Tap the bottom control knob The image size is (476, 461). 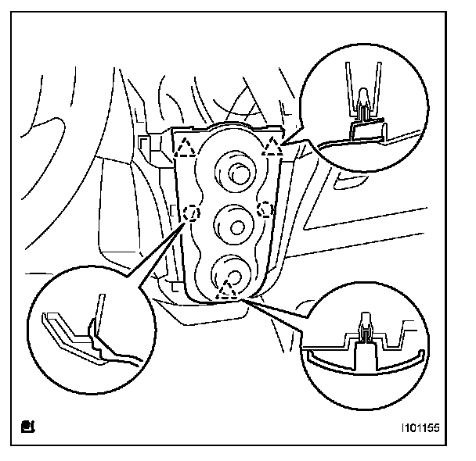tap(232, 273)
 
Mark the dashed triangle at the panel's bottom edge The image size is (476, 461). tap(228, 291)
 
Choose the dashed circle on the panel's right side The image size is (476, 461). tap(265, 208)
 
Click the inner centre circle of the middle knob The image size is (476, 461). tap(234, 227)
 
